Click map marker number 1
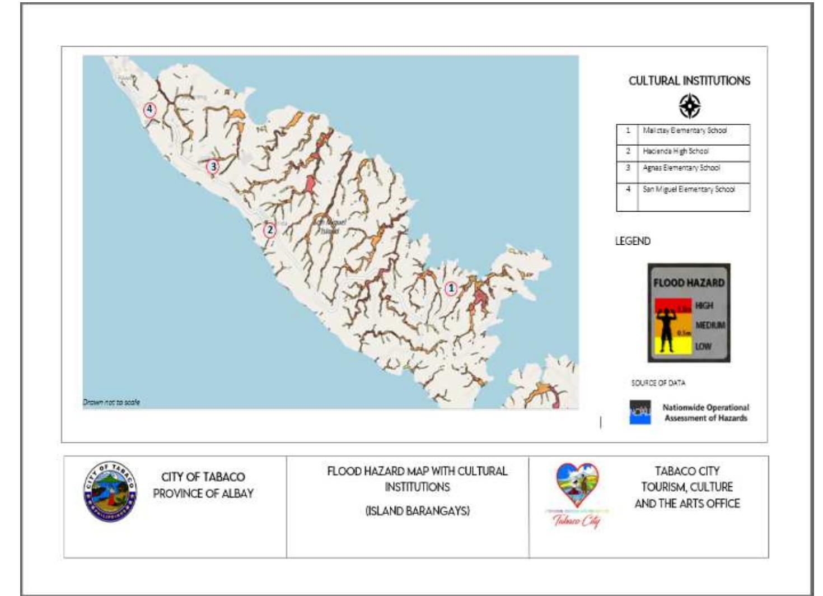(451, 288)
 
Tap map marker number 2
(270, 230)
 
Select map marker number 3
(212, 166)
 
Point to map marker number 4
(149, 109)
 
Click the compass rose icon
(690, 106)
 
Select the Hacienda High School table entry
(675, 151)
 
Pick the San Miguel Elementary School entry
(688, 189)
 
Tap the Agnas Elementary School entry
(681, 168)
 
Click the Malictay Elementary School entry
(684, 131)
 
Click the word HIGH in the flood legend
(704, 305)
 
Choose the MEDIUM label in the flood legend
(709, 325)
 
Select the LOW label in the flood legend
(703, 346)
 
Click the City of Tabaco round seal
(110, 491)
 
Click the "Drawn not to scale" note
(111, 402)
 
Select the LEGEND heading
(633, 241)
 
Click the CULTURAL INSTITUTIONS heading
(689, 81)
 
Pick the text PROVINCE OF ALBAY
(203, 493)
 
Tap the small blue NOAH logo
(640, 412)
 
